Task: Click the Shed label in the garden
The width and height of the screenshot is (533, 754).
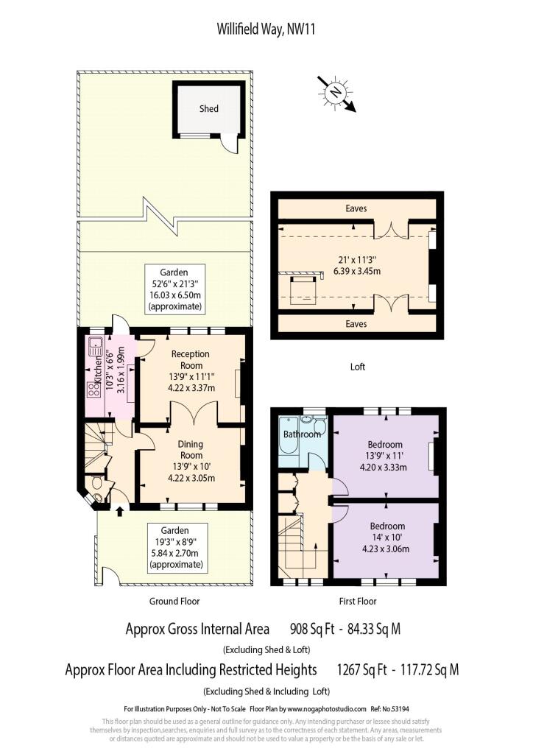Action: [x=208, y=109]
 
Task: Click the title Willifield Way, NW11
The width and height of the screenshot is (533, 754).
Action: [x=266, y=29]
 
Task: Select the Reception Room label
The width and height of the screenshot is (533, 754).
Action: [x=191, y=359]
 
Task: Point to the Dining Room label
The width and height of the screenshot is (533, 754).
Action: [x=191, y=449]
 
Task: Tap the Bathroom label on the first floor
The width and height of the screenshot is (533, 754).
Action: [x=302, y=434]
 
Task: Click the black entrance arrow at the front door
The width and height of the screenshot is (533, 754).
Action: [x=120, y=511]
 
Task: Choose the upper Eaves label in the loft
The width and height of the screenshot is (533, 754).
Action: [x=356, y=208]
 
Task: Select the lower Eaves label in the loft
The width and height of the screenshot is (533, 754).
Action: [x=356, y=324]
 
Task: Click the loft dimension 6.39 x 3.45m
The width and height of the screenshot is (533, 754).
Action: [x=357, y=271]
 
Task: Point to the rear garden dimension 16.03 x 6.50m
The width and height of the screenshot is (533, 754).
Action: [x=174, y=295]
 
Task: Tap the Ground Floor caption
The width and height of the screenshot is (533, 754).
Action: [x=174, y=601]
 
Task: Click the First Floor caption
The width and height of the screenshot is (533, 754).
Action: [x=358, y=601]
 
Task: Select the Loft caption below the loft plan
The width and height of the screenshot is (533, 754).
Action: [x=358, y=367]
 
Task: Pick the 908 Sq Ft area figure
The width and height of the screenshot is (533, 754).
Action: [x=312, y=629]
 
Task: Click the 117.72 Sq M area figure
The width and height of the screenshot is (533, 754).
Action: [x=430, y=669]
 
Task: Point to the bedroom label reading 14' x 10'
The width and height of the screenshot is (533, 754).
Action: [x=387, y=537]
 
